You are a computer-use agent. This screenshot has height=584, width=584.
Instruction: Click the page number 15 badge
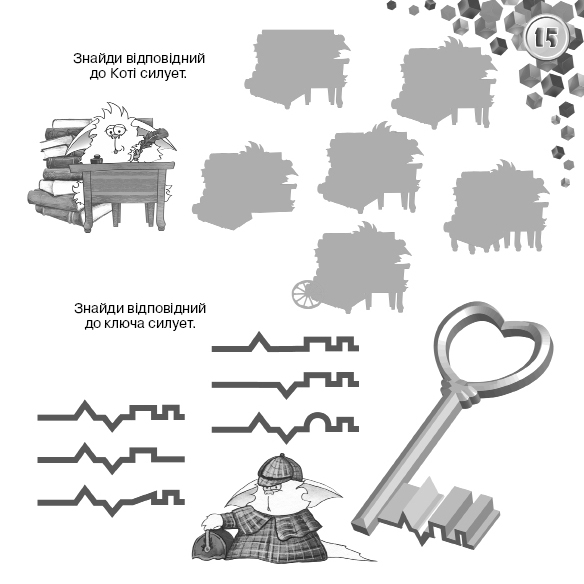click(x=546, y=37)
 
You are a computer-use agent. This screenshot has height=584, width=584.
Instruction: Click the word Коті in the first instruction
click(x=124, y=74)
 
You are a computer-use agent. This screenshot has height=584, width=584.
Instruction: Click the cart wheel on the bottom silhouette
click(x=304, y=294)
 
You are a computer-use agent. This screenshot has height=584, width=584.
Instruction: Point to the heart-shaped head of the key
click(x=493, y=343)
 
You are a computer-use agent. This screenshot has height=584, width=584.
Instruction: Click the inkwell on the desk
click(x=96, y=159)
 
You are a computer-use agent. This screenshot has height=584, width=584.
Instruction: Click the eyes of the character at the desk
click(x=115, y=130)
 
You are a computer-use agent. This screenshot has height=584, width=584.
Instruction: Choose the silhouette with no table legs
click(x=245, y=185)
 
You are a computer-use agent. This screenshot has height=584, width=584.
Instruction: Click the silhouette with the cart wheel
click(x=352, y=267)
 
